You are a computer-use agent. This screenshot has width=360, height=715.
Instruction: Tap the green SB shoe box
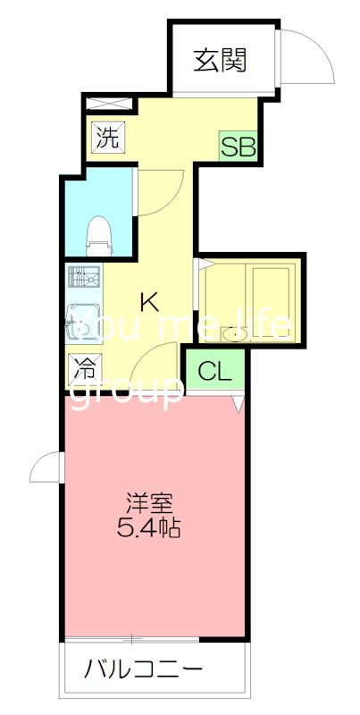pyautogui.click(x=239, y=146)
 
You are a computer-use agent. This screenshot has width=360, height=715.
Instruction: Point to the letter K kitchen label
pyautogui.click(x=149, y=301)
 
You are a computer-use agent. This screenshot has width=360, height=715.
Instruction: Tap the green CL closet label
pyautogui.click(x=214, y=370)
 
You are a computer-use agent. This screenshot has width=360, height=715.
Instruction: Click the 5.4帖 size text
pyautogui.click(x=149, y=528)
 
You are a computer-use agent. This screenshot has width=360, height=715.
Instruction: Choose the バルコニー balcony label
pyautogui.click(x=145, y=669)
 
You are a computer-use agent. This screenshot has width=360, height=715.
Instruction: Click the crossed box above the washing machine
pyautogui.click(x=109, y=103)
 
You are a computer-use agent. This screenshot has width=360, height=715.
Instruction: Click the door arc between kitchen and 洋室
pyautogui.click(x=161, y=357)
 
